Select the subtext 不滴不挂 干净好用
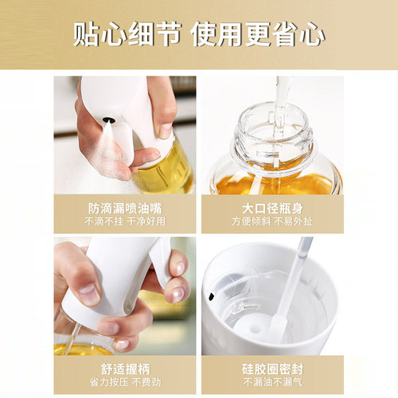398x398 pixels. (x=123, y=222)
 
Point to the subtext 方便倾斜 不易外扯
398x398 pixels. (x=272, y=222)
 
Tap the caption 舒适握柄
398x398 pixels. (x=123, y=368)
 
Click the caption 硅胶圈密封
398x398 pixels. (x=272, y=368)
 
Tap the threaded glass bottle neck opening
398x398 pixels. (x=272, y=127)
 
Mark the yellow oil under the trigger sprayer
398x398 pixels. (x=84, y=349)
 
